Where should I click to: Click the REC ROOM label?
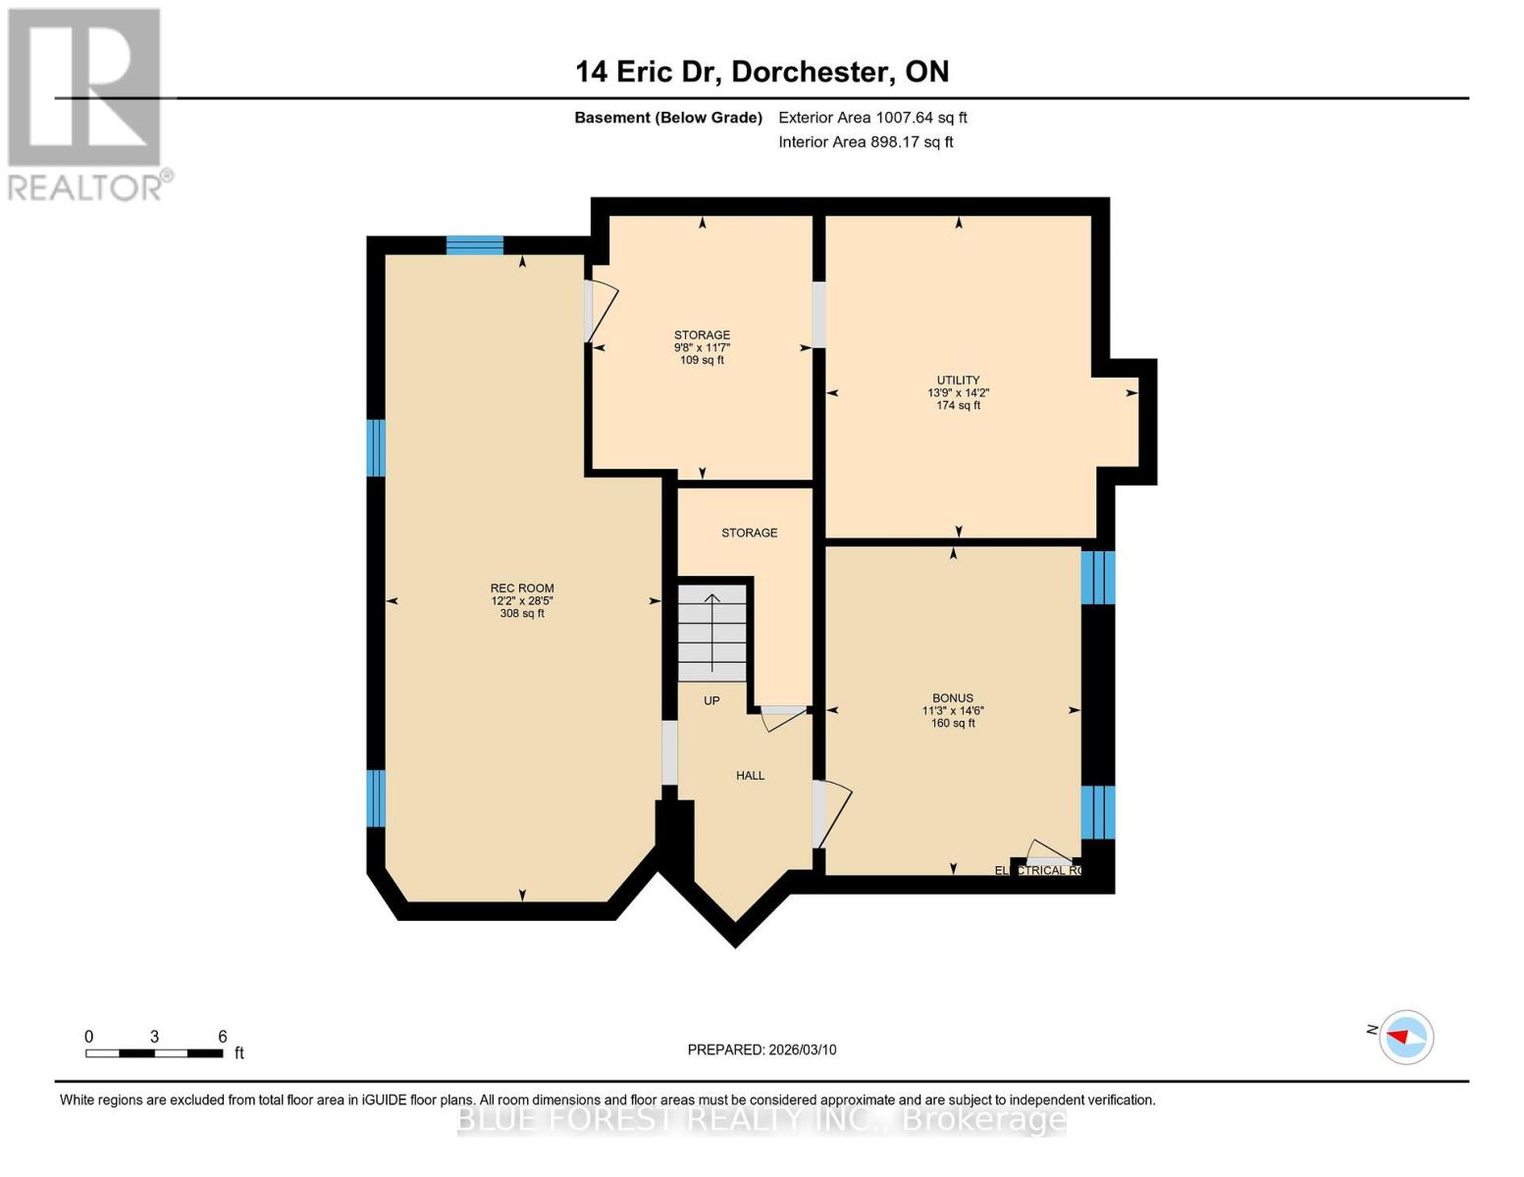[522, 588]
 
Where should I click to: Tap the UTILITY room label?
[958, 381]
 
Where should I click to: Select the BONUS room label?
[952, 698]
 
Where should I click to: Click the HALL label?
[750, 776]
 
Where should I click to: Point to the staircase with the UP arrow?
[712, 632]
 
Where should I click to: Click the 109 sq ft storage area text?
[702, 360]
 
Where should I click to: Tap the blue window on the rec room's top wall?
[475, 245]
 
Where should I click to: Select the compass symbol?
[1406, 1037]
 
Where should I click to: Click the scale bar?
[154, 1053]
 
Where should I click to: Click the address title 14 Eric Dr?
[762, 72]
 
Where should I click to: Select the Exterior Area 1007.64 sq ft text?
[872, 118]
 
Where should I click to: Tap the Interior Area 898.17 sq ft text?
[866, 142]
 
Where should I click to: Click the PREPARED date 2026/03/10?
[762, 1049]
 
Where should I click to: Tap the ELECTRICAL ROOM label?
[1037, 870]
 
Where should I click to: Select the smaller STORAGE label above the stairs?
[750, 533]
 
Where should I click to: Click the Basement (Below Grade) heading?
[668, 118]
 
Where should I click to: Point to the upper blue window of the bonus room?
[1097, 578]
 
